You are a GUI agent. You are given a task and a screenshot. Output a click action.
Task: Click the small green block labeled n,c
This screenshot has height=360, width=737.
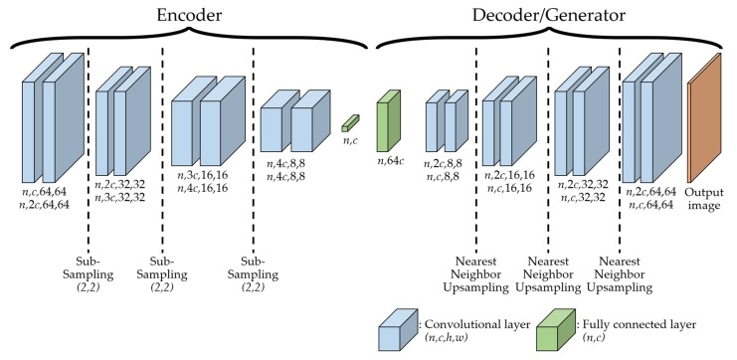click(347, 123)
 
